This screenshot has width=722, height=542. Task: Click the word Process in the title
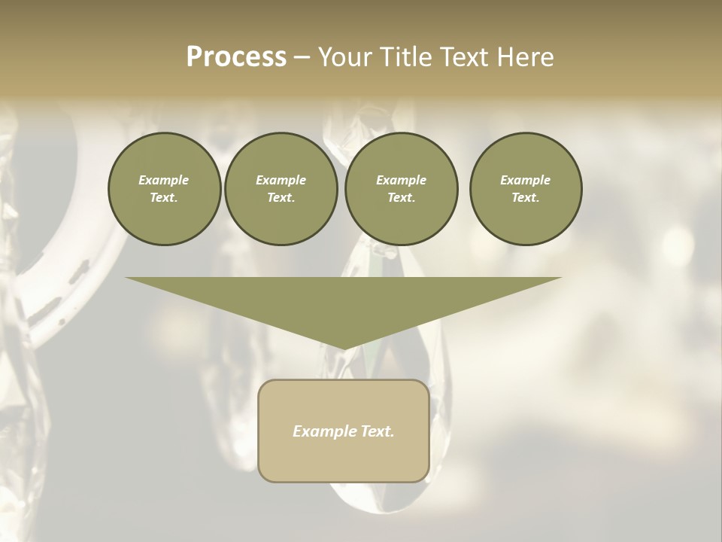pos(236,57)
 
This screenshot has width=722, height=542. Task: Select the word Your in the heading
pos(344,57)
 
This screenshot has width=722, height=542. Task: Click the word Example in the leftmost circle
pos(164,180)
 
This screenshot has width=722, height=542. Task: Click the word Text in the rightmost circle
pos(525,198)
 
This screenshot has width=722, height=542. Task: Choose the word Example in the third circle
pos(401,180)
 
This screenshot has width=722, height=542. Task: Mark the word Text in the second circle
pos(280,198)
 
